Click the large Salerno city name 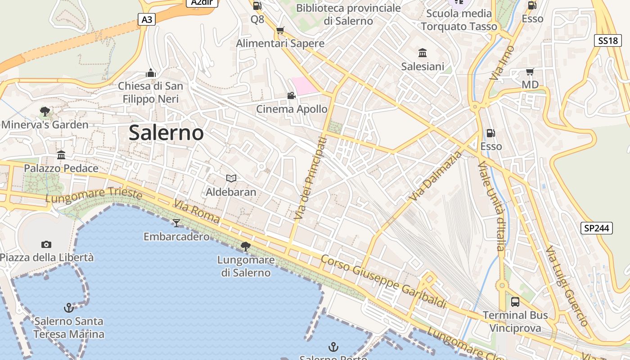point(166,133)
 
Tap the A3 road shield point(146,19)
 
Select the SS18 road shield point(607,40)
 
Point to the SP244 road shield point(596,228)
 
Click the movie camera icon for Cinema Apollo point(291,95)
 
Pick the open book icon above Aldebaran point(231,179)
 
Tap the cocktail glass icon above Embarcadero point(176,223)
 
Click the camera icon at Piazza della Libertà point(46,244)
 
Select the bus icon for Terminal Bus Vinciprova point(515,301)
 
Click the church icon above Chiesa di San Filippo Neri point(150,72)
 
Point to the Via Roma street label point(197,212)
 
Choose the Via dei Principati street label point(310,179)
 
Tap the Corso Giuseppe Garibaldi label point(383,282)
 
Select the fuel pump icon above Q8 point(257,6)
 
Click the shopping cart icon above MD point(530,72)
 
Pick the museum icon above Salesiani point(423,53)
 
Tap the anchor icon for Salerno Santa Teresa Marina point(68,308)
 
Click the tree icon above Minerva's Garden point(45,111)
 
